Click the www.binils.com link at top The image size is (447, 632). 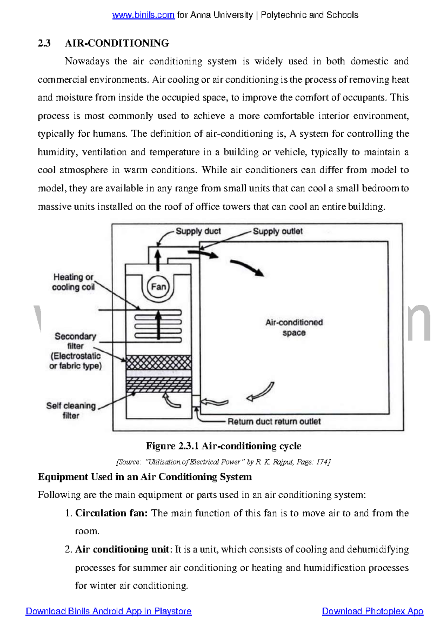click(x=143, y=15)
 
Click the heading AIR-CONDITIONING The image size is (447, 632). click(x=117, y=43)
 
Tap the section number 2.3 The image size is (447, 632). click(x=44, y=43)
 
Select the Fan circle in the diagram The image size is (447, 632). click(x=158, y=287)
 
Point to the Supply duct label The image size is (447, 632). click(x=198, y=231)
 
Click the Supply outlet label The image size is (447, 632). click(x=278, y=231)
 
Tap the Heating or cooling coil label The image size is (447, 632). click(x=73, y=282)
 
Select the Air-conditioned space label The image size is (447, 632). click(x=294, y=327)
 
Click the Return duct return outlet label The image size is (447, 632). click(x=274, y=421)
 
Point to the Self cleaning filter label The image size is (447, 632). click(x=71, y=410)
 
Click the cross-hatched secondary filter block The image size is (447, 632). click(x=159, y=362)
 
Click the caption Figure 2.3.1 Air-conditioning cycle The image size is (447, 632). click(x=223, y=446)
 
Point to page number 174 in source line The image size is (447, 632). click(x=322, y=462)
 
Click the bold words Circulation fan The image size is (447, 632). click(x=111, y=513)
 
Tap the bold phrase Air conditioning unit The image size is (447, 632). click(x=122, y=549)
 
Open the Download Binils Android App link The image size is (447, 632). click(x=108, y=611)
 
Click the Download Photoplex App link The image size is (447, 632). click(x=372, y=611)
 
